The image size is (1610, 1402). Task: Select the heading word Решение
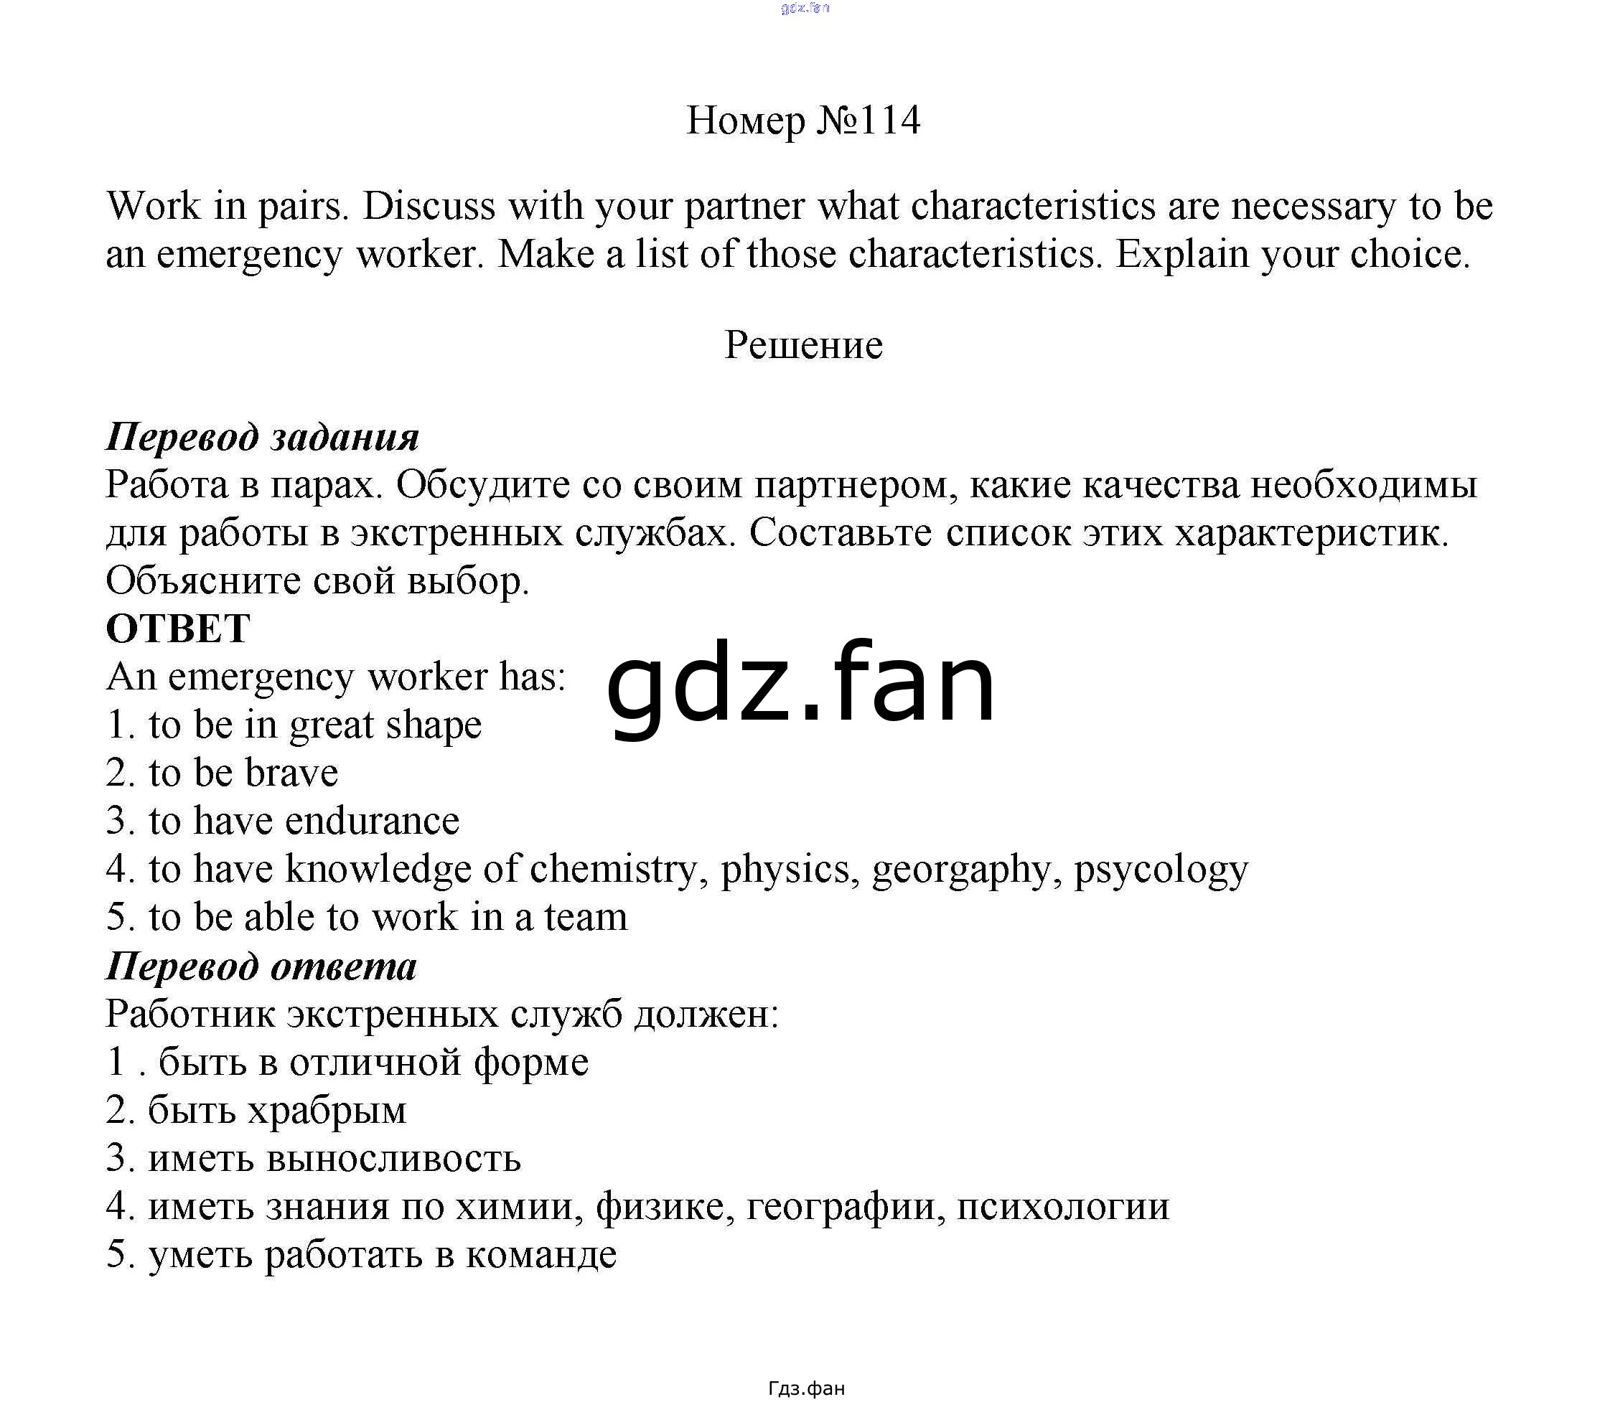coord(803,345)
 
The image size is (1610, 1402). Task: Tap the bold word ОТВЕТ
coord(179,629)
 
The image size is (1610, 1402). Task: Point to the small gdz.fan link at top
coord(805,9)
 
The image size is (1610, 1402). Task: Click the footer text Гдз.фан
coord(806,1388)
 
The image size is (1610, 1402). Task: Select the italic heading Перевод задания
coord(262,436)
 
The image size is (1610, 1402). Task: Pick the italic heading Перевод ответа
coord(261,966)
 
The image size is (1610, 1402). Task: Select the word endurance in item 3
coord(372,822)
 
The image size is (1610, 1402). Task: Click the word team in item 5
coord(586,918)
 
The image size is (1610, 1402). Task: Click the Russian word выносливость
coord(393,1159)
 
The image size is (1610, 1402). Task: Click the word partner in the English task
coord(744,207)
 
